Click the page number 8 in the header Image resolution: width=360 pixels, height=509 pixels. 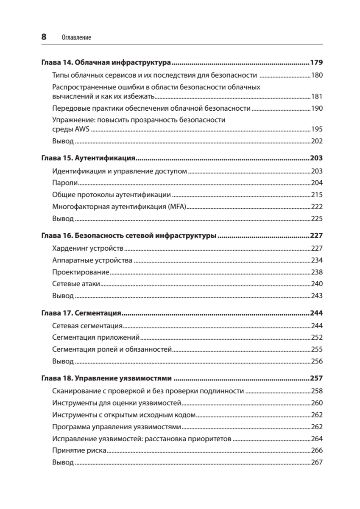[44, 37]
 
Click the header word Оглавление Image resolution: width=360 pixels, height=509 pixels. [76, 38]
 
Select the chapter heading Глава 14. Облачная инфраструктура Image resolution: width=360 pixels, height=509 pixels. [106, 63]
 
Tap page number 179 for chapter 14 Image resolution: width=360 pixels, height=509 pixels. [316, 63]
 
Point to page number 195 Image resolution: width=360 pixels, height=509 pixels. [317, 129]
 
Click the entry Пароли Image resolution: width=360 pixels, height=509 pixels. [65, 183]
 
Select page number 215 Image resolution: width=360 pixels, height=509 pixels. [317, 195]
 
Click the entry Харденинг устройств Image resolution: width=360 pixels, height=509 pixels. [88, 248]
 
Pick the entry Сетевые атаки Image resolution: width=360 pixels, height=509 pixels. [75, 284]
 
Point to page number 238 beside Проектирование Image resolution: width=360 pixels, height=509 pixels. [317, 272]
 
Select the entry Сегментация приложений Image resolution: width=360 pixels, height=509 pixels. [96, 338]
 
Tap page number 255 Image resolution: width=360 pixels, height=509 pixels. [317, 350]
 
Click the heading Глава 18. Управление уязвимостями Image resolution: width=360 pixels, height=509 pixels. [106, 378]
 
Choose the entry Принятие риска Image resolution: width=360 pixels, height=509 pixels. [79, 450]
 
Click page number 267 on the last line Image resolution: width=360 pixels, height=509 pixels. [317, 462]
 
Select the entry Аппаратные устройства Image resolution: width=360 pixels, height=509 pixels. [92, 260]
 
